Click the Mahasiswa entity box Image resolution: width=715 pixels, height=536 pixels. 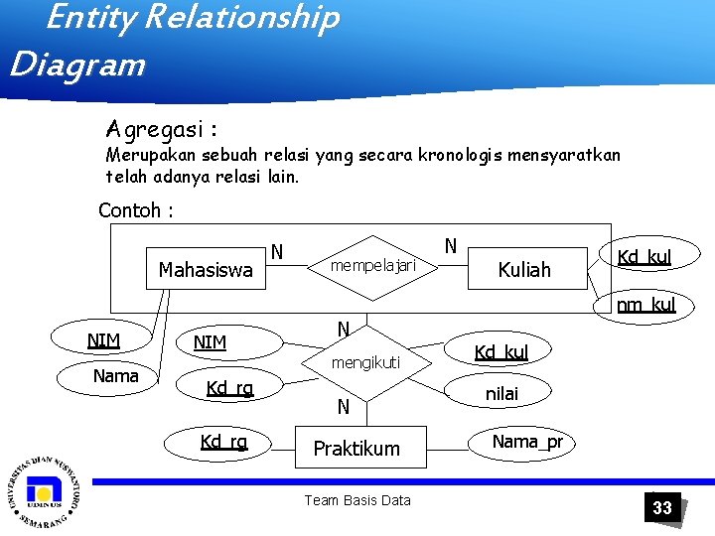pyautogui.click(x=206, y=269)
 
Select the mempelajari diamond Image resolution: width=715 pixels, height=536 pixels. pyautogui.click(x=371, y=266)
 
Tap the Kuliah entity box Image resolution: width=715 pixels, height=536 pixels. pyautogui.click(x=523, y=269)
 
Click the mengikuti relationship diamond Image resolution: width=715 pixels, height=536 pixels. pyautogui.click(x=365, y=363)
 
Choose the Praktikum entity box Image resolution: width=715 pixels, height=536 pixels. pyautogui.click(x=356, y=449)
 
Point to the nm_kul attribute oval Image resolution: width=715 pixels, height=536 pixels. pyautogui.click(x=645, y=305)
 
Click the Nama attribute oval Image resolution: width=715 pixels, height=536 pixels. pyautogui.click(x=115, y=376)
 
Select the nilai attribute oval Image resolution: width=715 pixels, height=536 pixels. pyautogui.click(x=500, y=394)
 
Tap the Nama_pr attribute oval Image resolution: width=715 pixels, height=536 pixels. pyautogui.click(x=527, y=442)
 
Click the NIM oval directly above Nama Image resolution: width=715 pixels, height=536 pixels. pyautogui.click(x=104, y=341)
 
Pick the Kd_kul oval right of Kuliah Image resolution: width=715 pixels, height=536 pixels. pyautogui.click(x=643, y=257)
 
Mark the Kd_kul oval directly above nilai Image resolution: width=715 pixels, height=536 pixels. pyautogui.click(x=500, y=352)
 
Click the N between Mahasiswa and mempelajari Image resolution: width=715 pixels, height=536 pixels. pyautogui.click(x=278, y=252)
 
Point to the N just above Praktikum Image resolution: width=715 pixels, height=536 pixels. pyautogui.click(x=343, y=406)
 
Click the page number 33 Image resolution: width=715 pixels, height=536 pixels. pyautogui.click(x=661, y=508)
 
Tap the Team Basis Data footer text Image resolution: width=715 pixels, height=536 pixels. pyautogui.click(x=357, y=500)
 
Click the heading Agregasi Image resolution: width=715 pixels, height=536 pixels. pyautogui.click(x=162, y=130)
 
